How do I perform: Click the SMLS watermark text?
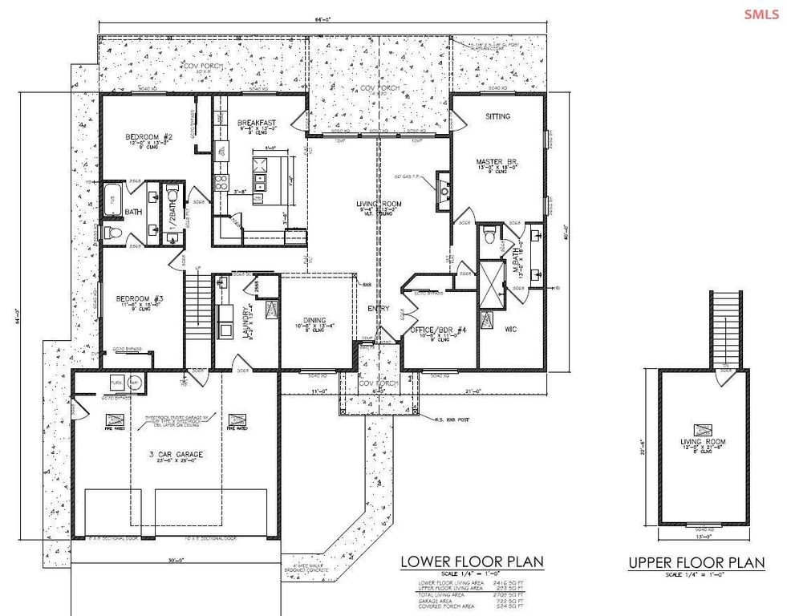[761, 14]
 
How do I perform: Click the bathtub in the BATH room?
[112, 198]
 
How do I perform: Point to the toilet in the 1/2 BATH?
[171, 194]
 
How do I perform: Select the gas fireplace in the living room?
[442, 189]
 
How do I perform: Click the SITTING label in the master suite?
[497, 117]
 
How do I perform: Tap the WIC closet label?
[509, 329]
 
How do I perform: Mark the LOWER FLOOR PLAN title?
[472, 561]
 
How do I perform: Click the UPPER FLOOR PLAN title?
[696, 562]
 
